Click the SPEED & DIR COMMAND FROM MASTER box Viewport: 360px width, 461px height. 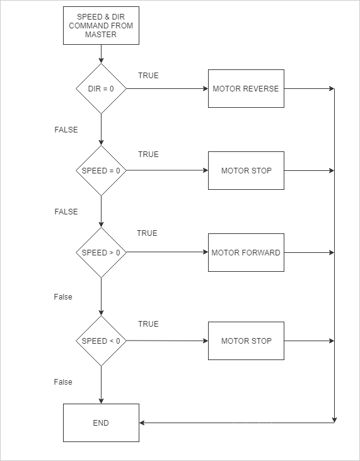(x=101, y=26)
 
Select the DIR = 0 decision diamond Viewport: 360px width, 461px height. (x=101, y=88)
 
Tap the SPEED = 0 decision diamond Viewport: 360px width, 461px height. (x=101, y=170)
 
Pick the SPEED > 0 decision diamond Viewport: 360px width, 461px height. (x=101, y=252)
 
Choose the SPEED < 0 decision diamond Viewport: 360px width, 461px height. (x=101, y=341)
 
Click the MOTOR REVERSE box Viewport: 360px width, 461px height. (x=246, y=88)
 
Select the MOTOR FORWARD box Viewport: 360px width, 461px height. (x=246, y=252)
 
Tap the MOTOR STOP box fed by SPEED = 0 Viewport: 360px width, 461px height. (x=246, y=170)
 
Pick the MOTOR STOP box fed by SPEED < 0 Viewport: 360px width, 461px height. (x=246, y=341)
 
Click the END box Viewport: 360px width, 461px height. (x=101, y=423)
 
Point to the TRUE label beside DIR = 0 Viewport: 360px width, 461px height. (x=148, y=76)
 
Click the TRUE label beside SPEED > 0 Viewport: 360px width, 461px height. (x=147, y=233)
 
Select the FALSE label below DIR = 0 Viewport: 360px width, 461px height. (x=66, y=130)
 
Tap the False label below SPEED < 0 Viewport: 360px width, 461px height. (x=63, y=382)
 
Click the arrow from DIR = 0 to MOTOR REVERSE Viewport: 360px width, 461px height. (x=167, y=88)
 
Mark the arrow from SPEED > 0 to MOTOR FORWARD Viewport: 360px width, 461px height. (x=167, y=252)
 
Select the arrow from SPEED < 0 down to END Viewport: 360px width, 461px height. (x=101, y=385)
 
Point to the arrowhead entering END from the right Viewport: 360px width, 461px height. (x=141, y=423)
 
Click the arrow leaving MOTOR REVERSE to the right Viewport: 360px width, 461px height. (x=309, y=88)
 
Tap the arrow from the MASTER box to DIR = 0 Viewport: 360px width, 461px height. (x=101, y=54)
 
